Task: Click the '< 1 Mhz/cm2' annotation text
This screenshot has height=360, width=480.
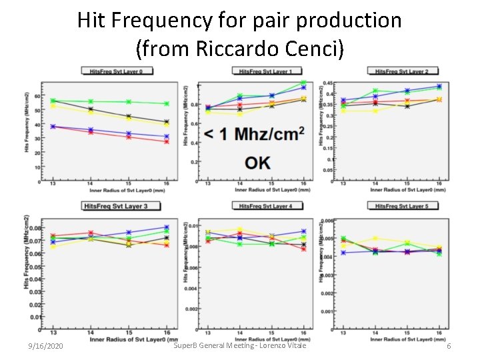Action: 254,134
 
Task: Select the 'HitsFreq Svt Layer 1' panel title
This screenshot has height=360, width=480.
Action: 266,71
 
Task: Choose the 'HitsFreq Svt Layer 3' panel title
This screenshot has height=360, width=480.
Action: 115,206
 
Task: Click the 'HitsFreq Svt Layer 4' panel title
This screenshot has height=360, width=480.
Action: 266,206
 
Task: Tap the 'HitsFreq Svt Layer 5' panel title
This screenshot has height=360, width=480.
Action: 401,206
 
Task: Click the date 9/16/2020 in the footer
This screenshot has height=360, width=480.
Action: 46,347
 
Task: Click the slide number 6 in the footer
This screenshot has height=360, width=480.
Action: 449,347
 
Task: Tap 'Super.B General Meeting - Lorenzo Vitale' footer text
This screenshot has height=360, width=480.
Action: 239,345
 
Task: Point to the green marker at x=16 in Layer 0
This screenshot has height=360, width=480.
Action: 167,103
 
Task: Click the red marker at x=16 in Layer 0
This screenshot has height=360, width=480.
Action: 167,141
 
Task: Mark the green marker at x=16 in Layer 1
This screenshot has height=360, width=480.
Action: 303,83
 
